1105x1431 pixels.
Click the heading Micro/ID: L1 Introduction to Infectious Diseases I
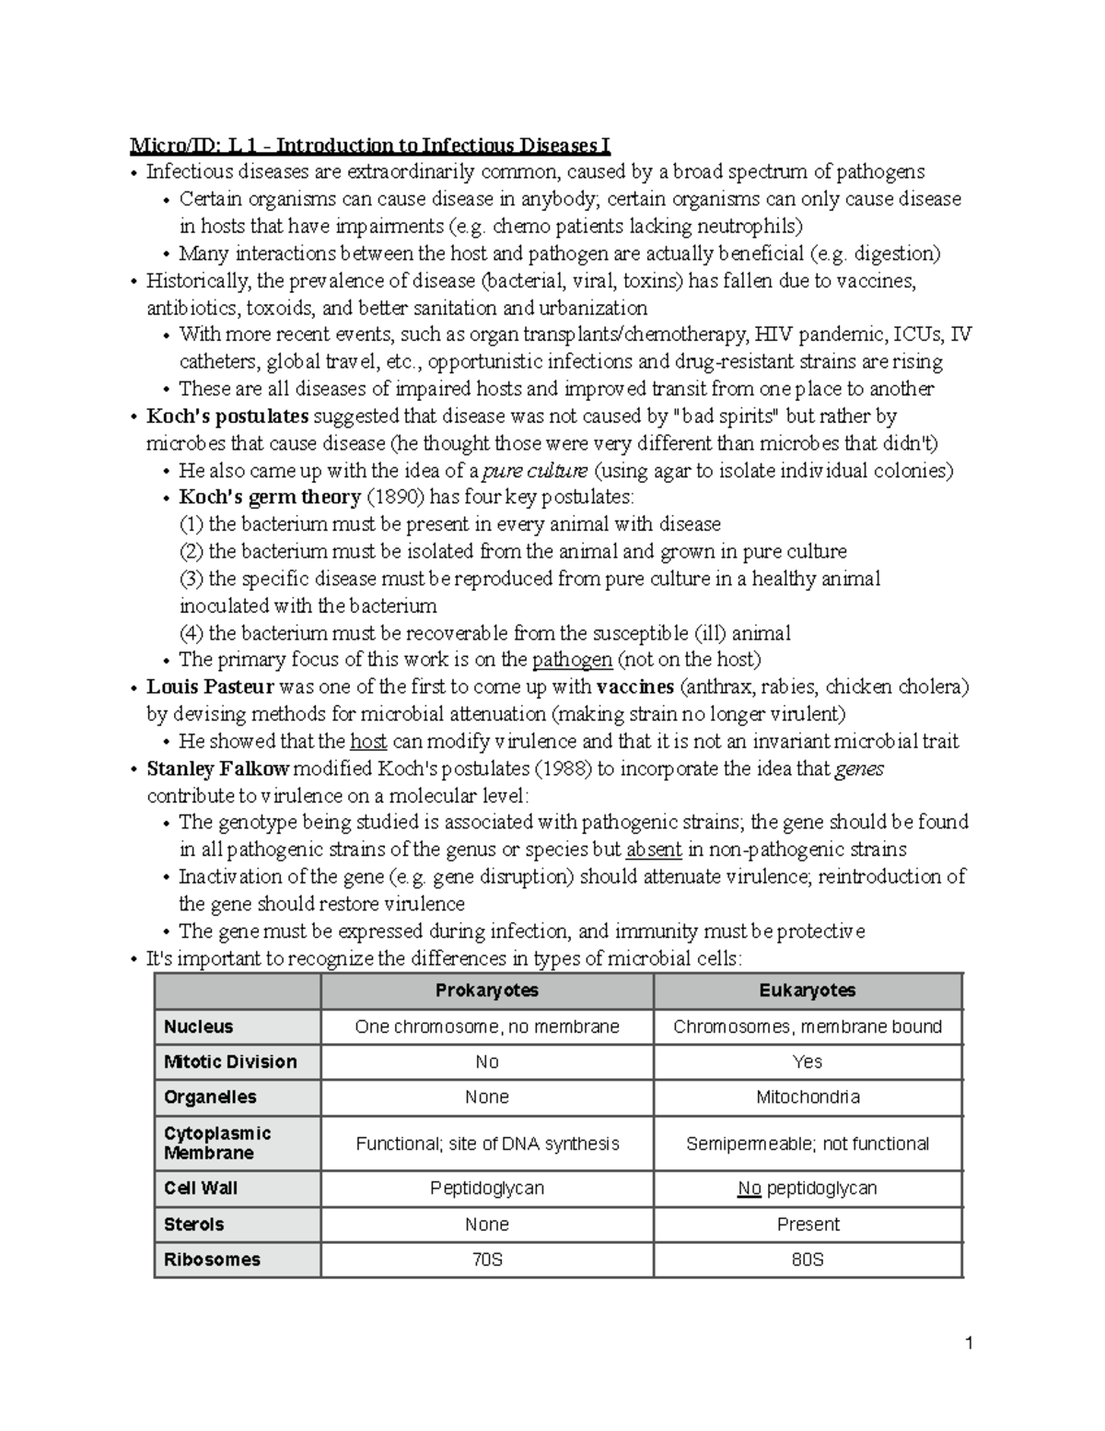tap(368, 146)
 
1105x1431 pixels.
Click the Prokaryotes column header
tap(486, 991)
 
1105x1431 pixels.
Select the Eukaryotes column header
tap(807, 991)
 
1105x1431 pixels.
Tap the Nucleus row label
tap(198, 1026)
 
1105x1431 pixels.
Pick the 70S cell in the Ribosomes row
tap(486, 1260)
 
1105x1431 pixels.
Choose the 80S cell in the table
tap(807, 1260)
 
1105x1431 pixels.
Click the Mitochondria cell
tap(807, 1097)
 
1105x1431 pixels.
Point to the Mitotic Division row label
tap(230, 1062)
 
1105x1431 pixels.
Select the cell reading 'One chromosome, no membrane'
tap(486, 1026)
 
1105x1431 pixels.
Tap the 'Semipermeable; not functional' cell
tap(807, 1144)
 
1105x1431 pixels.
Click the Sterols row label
tap(193, 1225)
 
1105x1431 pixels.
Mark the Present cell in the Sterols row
tap(807, 1225)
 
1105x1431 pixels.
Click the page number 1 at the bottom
tap(969, 1343)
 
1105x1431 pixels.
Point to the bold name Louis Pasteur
tap(210, 687)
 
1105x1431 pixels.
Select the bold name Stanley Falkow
tap(217, 768)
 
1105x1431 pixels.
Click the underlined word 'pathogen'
tap(572, 660)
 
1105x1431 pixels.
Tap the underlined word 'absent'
tap(654, 850)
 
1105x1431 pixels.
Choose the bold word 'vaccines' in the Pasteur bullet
tap(634, 687)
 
